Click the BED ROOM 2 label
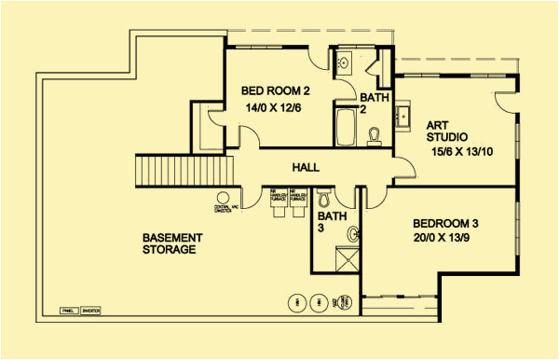coord(275,90)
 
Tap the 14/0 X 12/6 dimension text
coord(275,108)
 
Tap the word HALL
coord(306,168)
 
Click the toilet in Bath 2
coord(374,137)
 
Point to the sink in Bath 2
coord(343,64)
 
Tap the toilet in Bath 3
coord(324,200)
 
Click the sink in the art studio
coord(406,117)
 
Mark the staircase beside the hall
coord(184,172)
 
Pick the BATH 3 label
coord(335,222)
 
